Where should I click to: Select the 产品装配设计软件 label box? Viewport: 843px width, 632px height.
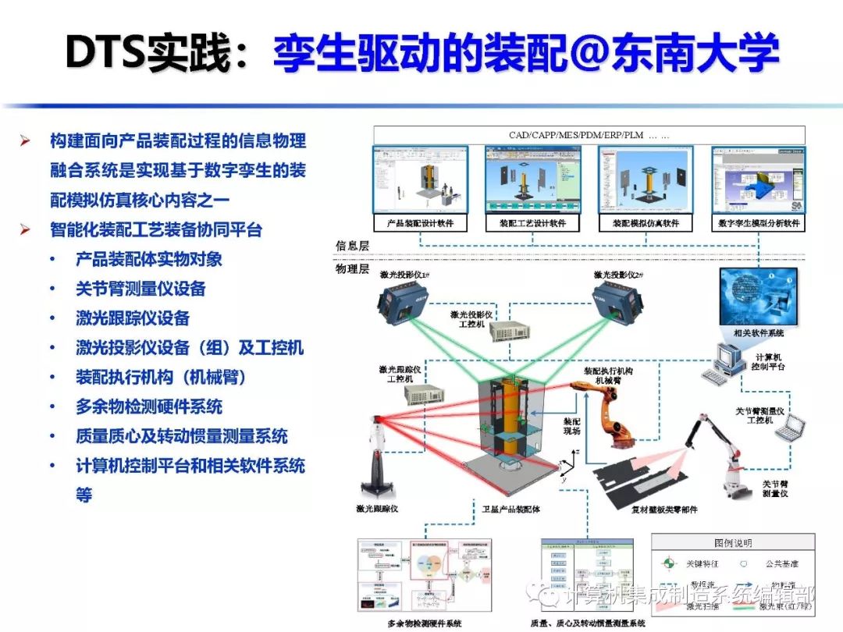coord(420,223)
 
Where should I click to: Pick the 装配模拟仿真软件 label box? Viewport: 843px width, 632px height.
coord(646,223)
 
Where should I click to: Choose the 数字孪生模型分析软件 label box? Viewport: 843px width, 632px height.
coord(759,223)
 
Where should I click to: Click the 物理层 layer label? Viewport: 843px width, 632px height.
coord(352,268)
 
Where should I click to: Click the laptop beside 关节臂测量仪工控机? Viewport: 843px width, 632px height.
coord(791,428)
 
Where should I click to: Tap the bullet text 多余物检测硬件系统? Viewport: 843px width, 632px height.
coord(149,407)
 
